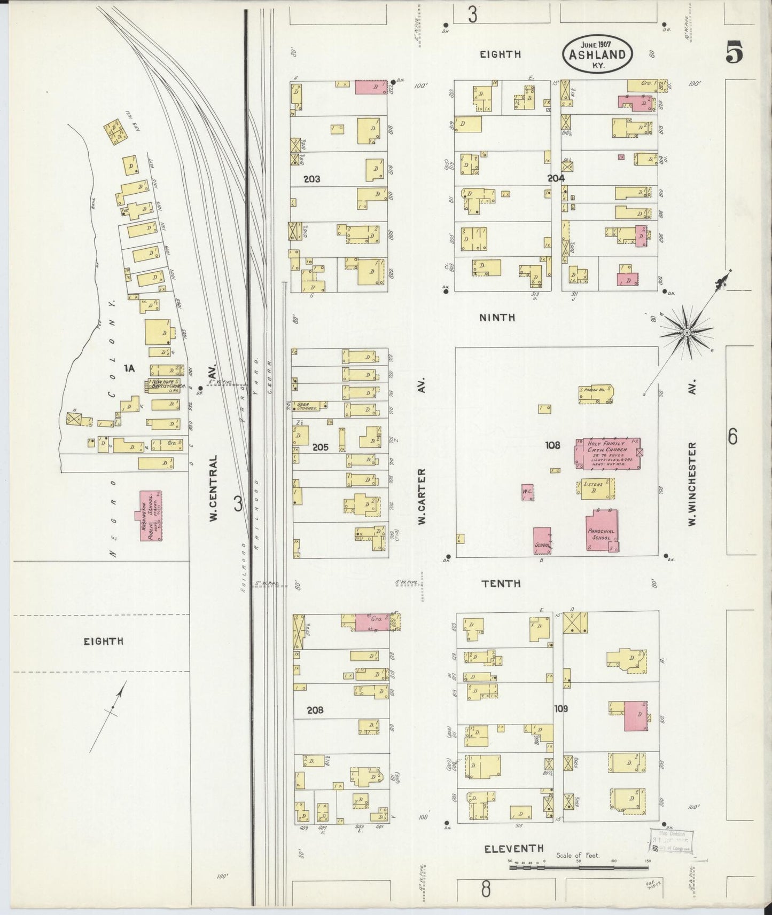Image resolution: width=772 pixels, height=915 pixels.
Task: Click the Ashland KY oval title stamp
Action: pos(597,54)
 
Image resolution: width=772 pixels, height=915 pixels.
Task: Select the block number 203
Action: pos(311,179)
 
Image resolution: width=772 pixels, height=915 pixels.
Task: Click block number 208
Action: pos(315,710)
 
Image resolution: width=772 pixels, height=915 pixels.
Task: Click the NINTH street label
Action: pos(497,317)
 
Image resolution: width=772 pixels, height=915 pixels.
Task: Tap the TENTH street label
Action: pos(501,583)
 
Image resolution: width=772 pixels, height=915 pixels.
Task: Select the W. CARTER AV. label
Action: pos(422,496)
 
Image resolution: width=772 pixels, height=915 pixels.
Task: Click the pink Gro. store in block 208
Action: pos(372,622)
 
